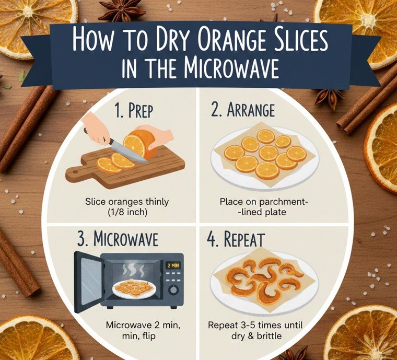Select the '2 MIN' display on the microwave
(x=173, y=265)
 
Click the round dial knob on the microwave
(x=173, y=289)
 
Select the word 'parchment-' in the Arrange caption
(x=277, y=201)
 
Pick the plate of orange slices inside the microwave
(x=135, y=288)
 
